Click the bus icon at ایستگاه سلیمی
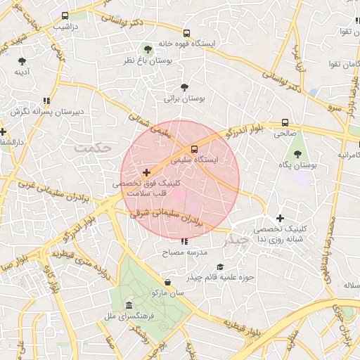coord(193,148)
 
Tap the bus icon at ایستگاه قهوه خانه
coord(186,32)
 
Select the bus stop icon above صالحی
coord(285,121)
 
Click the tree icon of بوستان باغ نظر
coord(147,49)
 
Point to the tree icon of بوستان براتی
coord(184,88)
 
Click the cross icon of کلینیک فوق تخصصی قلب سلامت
coord(146,172)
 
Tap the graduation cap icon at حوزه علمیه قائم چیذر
coord(220,266)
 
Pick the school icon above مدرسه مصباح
coord(184,241)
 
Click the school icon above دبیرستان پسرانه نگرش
coord(46,101)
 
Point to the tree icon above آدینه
coord(22,61)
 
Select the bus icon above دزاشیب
coord(65,15)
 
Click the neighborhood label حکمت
coord(94,149)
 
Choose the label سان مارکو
coord(165,292)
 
